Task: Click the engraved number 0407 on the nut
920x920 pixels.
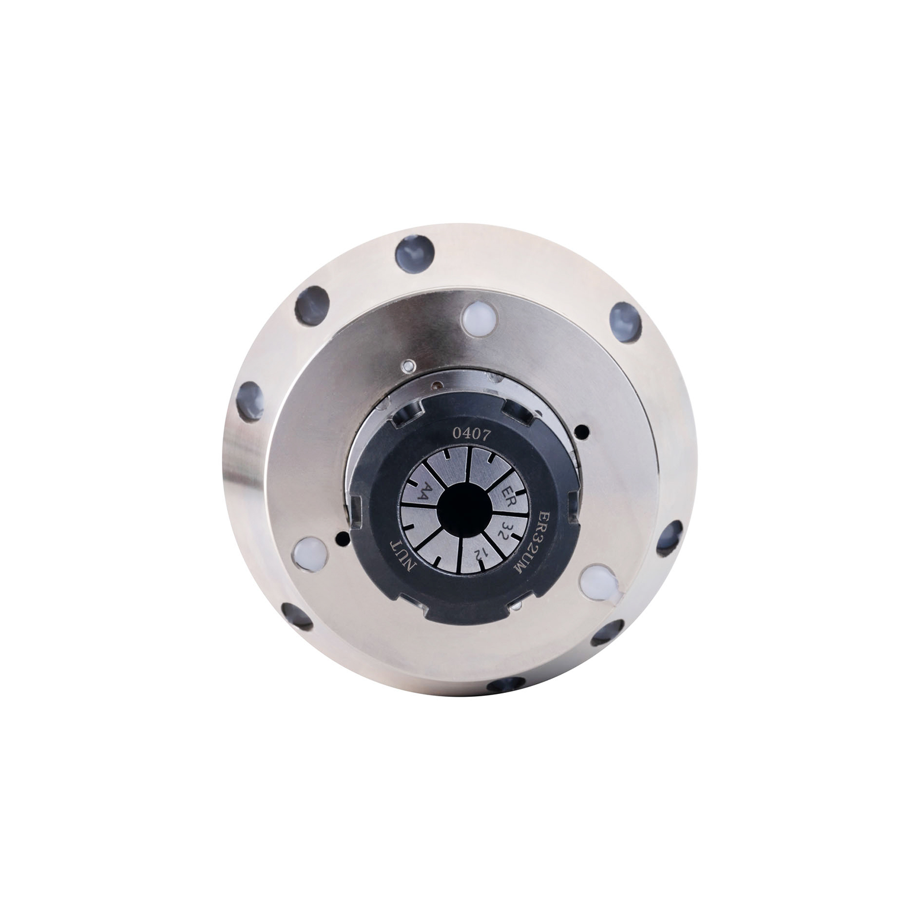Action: coord(471,434)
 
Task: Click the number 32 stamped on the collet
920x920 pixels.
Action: coord(503,529)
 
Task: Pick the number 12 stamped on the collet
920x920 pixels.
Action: coord(477,554)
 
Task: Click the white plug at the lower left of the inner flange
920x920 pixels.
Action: coord(309,554)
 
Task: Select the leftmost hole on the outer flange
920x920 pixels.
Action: coord(250,400)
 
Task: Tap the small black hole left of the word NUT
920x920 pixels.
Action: coord(343,539)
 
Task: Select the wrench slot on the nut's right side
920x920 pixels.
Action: coord(573,509)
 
